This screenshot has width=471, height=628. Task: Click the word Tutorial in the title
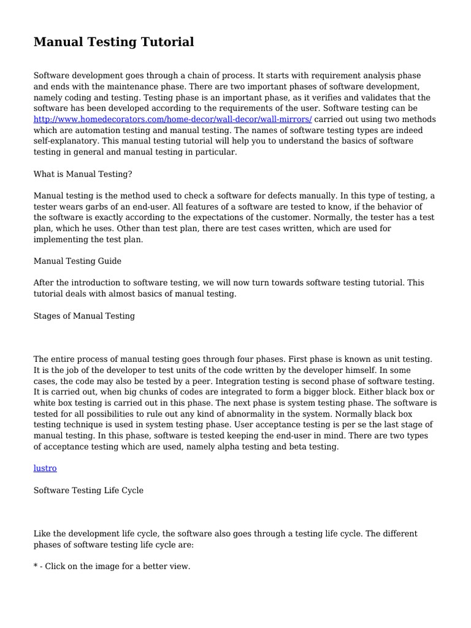[x=167, y=42]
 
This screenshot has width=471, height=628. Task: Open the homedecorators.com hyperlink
[x=172, y=119]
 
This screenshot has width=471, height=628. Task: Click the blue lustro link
[x=45, y=468]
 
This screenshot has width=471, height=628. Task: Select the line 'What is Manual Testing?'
[x=83, y=174]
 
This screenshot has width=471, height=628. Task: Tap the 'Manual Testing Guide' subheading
[x=77, y=261]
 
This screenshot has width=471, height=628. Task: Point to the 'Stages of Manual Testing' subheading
[x=84, y=316]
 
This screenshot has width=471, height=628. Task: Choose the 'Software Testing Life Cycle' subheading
[x=88, y=490]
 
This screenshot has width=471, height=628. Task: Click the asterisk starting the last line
[x=36, y=567]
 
